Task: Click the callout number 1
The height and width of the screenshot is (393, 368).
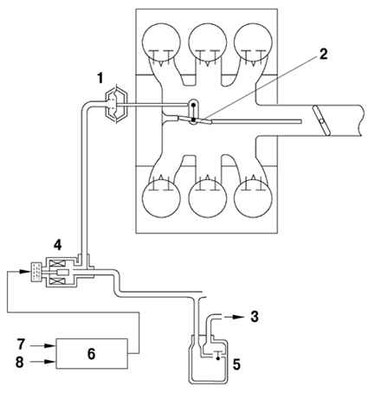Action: (x=100, y=78)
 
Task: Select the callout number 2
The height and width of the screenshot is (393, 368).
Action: (x=324, y=54)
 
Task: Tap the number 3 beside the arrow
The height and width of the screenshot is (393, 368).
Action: (x=255, y=317)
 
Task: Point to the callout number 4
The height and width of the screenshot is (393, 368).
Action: (x=58, y=245)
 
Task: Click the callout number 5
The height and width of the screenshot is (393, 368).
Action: (x=236, y=364)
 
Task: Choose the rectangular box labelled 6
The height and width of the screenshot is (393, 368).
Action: (x=92, y=353)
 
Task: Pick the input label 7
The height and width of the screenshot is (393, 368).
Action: (x=21, y=345)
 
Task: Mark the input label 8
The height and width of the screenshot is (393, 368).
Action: (x=20, y=362)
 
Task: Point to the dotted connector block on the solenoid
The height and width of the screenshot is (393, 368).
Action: (x=36, y=272)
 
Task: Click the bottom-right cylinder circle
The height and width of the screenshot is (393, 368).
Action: (x=253, y=199)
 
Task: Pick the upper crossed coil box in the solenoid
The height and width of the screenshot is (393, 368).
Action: (x=56, y=263)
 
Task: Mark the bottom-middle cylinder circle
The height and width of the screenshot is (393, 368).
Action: (x=207, y=199)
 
